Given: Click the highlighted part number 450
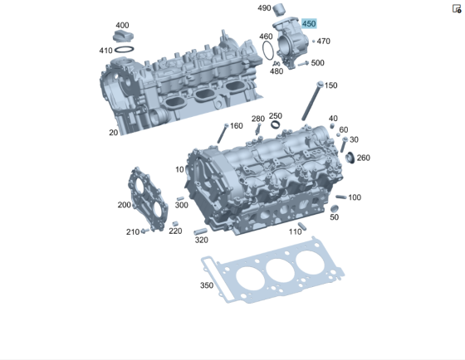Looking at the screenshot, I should [309, 24].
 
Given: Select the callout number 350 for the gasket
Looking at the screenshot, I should [207, 285].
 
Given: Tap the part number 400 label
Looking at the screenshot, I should [122, 26].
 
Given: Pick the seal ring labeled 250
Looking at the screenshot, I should [276, 126].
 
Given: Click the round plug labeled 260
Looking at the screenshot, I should [349, 158].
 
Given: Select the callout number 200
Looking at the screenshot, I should [124, 205].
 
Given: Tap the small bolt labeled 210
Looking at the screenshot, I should [144, 231].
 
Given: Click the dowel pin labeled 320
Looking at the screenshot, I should [199, 230].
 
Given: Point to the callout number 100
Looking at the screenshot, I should [355, 197].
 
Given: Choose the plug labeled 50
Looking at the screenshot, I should [335, 207].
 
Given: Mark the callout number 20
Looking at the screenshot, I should [113, 133].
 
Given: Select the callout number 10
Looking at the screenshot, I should [179, 169].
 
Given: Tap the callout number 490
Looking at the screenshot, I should [264, 8].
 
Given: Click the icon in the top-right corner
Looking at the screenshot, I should [457, 8].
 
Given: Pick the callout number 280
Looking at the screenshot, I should [258, 119].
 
